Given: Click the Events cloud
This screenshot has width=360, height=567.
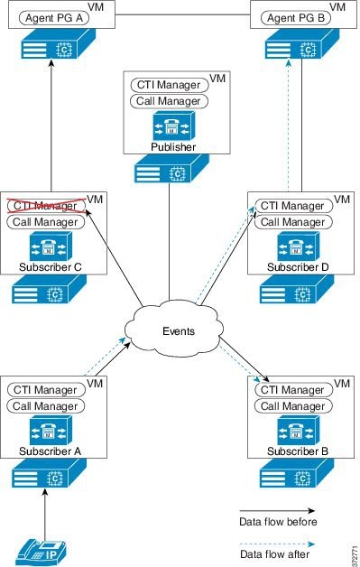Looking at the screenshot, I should click(x=179, y=331).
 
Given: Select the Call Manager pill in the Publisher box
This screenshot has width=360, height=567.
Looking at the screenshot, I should click(x=167, y=101).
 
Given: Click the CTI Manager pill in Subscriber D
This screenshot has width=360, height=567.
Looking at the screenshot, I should click(x=291, y=207).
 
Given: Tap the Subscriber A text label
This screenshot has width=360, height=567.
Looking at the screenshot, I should click(x=50, y=451).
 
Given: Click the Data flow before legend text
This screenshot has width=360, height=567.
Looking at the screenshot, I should click(x=277, y=522).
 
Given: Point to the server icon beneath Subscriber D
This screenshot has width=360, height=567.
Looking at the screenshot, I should click(x=294, y=291).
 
